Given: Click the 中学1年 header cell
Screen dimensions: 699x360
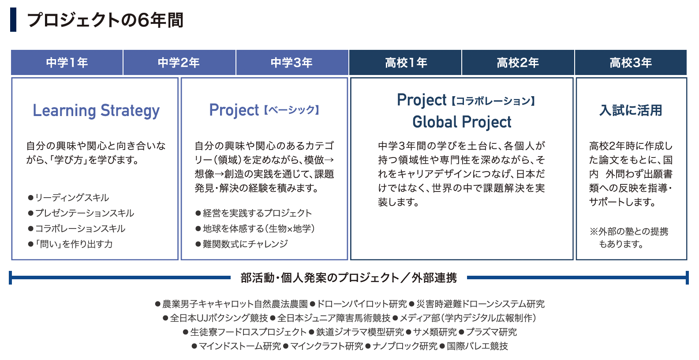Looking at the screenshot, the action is (x=67, y=63).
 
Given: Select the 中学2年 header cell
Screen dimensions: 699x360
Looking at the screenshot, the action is (x=179, y=63).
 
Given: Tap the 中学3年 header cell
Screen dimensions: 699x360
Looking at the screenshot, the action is (x=292, y=63).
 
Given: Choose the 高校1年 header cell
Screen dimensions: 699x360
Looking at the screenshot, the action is (x=405, y=63).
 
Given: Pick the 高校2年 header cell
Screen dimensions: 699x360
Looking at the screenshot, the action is (x=518, y=63).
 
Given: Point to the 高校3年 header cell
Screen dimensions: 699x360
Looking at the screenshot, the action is (x=631, y=63).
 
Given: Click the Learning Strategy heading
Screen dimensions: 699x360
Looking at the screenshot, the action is (x=96, y=111).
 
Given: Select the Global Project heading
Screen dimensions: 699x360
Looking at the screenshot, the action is (x=462, y=122).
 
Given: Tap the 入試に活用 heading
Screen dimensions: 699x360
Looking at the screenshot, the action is (x=631, y=110).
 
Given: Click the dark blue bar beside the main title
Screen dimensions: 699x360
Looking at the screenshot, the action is (x=13, y=20).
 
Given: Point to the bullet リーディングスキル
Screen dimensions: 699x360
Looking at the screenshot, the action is (x=68, y=198).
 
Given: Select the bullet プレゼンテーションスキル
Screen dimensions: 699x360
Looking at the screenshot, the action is (x=81, y=213).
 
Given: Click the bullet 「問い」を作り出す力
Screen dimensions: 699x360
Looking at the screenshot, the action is (x=70, y=244).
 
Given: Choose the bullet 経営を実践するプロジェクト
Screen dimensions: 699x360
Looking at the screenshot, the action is (x=254, y=213).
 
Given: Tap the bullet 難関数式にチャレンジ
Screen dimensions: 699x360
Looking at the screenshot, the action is (x=242, y=244).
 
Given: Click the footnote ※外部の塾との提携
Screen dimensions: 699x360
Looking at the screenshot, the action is (x=629, y=231).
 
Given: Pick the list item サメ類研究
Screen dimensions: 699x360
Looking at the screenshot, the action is (x=431, y=332).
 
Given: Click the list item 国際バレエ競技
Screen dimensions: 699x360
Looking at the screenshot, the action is (x=474, y=346).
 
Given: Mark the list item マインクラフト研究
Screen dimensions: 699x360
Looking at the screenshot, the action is (x=323, y=346).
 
